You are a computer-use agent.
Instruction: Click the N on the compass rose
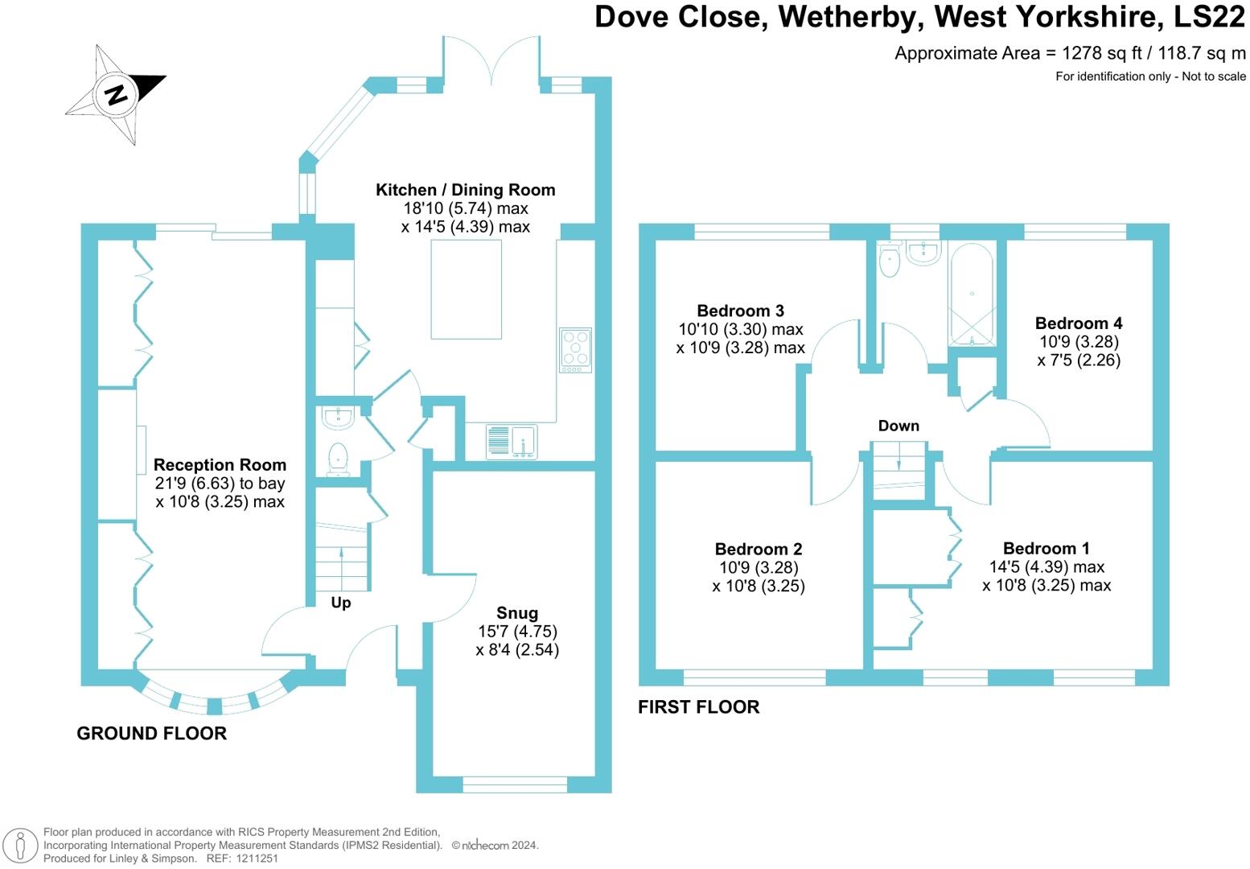pos(116,95)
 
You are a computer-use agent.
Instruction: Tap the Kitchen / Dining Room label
pos(466,190)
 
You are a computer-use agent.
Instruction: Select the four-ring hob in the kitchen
pos(575,350)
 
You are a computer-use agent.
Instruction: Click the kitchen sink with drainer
pos(511,442)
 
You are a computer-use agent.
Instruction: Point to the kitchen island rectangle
pos(466,289)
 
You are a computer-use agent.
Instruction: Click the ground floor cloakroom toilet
pos(338,459)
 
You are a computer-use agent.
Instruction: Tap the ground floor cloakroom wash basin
pos(337,418)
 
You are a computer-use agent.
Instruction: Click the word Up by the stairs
pos(341,603)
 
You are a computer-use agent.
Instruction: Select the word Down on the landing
pos(898,426)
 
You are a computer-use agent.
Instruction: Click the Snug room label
pos(517,613)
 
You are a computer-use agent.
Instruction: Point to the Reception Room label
pos(220,465)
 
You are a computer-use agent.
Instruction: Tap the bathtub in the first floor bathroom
pos(972,294)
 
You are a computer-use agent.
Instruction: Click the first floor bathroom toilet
pos(890,259)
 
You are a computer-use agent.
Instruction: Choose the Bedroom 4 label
pos(1079,323)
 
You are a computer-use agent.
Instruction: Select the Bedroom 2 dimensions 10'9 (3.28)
pos(759,567)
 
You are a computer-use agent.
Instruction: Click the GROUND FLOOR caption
pos(152,733)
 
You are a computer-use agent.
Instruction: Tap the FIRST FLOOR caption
pos(699,706)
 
